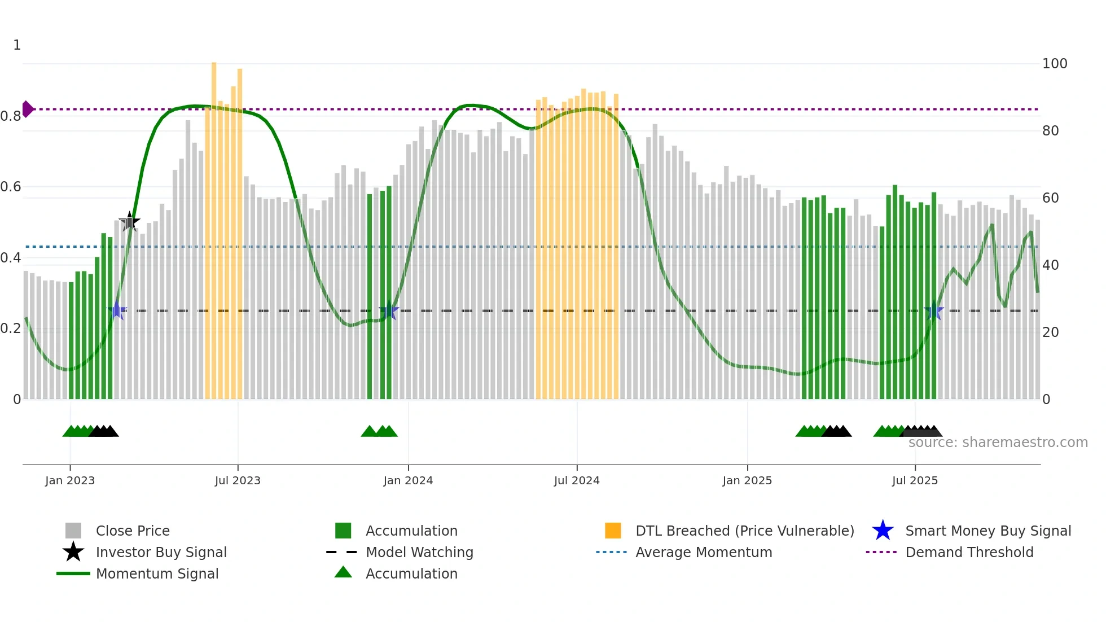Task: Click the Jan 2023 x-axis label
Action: [70, 480]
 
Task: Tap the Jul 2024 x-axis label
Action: [577, 480]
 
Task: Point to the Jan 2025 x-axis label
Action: [747, 480]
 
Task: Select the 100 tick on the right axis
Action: [1054, 64]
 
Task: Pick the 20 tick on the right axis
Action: [1050, 332]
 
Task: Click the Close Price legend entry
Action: [133, 531]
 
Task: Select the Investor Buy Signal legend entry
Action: [161, 552]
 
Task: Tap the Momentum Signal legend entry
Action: [157, 573]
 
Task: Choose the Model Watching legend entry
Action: [419, 552]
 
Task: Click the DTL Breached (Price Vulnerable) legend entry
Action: [744, 531]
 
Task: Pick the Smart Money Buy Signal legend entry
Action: [987, 531]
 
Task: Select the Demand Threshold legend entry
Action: [969, 552]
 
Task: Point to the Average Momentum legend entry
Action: [703, 552]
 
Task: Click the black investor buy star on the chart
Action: [130, 222]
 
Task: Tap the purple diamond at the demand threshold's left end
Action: [27, 109]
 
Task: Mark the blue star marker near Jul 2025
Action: [934, 310]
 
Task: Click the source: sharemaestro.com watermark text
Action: [998, 443]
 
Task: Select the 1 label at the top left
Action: [17, 45]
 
